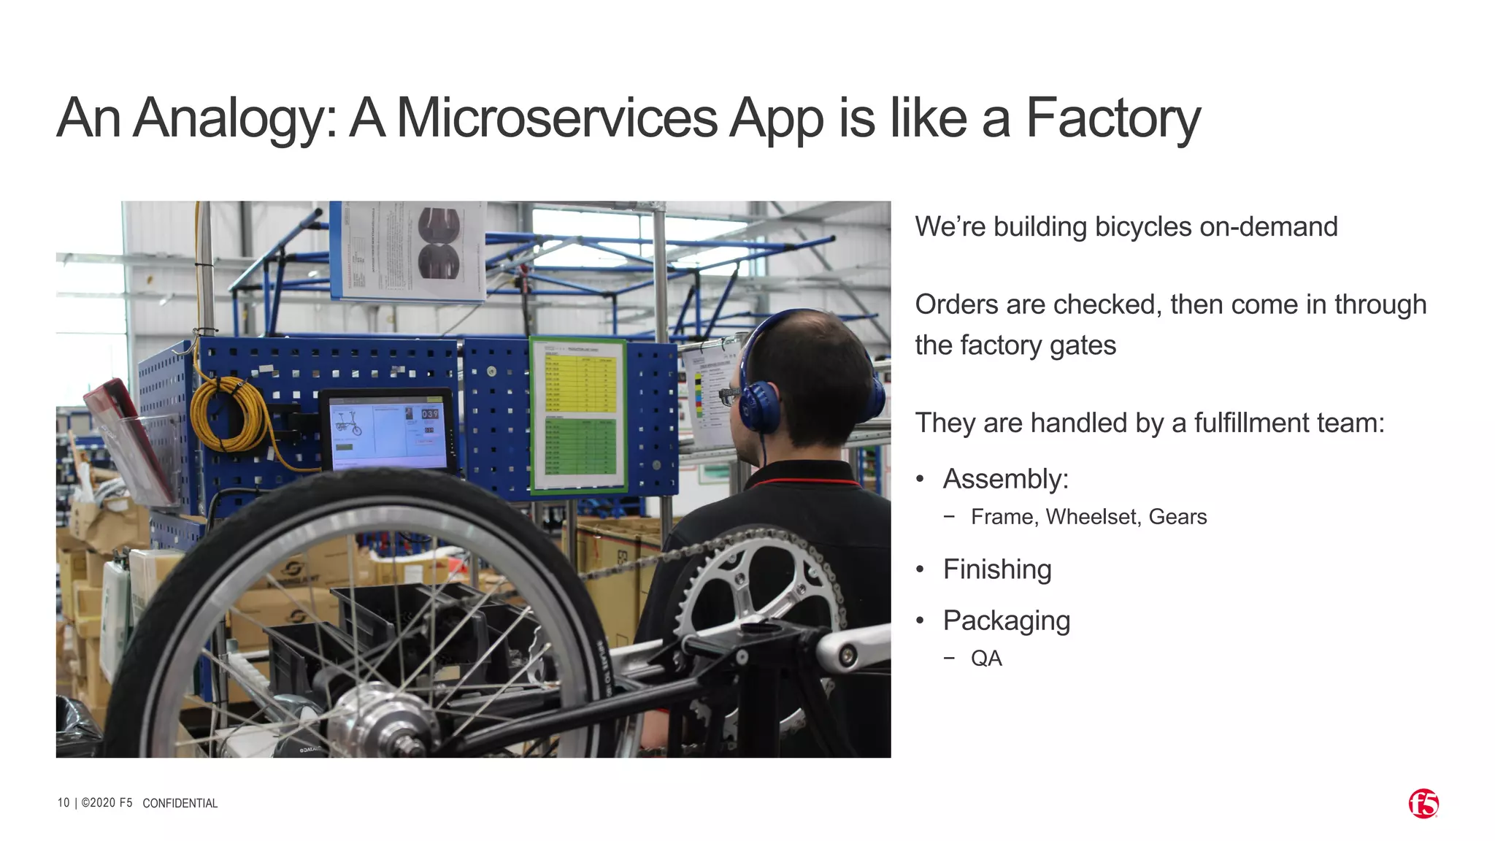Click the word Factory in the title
point(1112,118)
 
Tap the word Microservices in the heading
point(556,118)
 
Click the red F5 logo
point(1423,804)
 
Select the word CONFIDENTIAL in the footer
point(180,803)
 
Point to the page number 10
point(64,802)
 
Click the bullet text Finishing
point(996,569)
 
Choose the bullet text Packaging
point(1006,621)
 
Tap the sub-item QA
point(985,658)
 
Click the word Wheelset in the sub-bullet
point(1093,517)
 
